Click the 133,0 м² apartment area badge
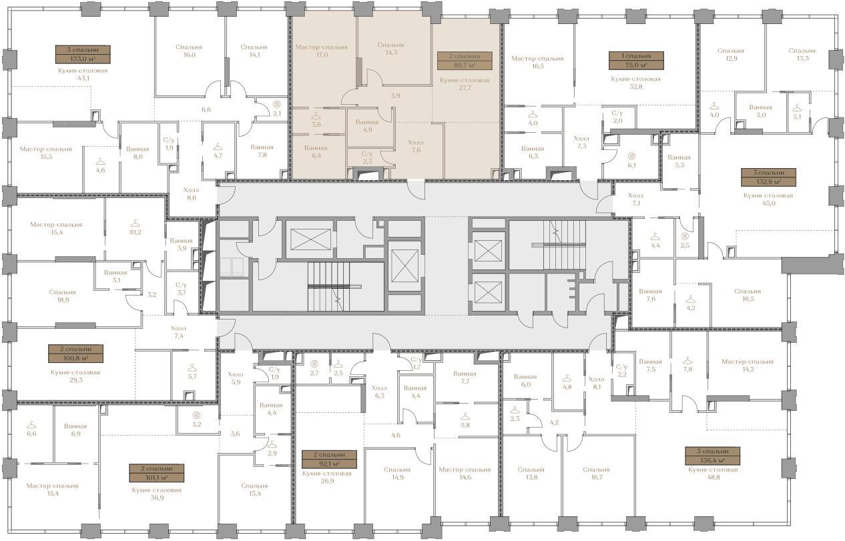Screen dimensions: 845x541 pyautogui.click(x=83, y=54)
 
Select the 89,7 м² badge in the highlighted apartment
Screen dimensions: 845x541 pyautogui.click(x=465, y=61)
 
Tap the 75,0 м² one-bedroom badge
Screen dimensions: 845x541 pyautogui.click(x=636, y=60)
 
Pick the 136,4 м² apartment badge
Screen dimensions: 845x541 pyautogui.click(x=713, y=456)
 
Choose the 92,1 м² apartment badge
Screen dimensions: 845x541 pyautogui.click(x=329, y=459)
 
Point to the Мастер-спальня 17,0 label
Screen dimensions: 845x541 pyautogui.click(x=322, y=51)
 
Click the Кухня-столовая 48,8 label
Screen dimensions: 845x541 pyautogui.click(x=713, y=473)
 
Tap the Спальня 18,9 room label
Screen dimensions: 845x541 pyautogui.click(x=62, y=296)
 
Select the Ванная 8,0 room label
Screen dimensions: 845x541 pyautogui.click(x=137, y=153)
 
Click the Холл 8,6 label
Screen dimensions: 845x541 pyautogui.click(x=192, y=193)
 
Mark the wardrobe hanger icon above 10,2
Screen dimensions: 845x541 pyautogui.click(x=135, y=223)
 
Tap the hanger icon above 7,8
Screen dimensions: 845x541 pyautogui.click(x=687, y=360)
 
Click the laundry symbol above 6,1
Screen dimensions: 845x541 pyautogui.click(x=632, y=155)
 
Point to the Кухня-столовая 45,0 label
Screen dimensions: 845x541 pyautogui.click(x=768, y=199)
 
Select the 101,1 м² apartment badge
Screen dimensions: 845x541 pyautogui.click(x=157, y=473)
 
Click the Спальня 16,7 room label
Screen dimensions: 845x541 pyautogui.click(x=596, y=473)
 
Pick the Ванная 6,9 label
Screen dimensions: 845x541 pyautogui.click(x=75, y=430)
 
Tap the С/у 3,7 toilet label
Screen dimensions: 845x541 pyautogui.click(x=182, y=289)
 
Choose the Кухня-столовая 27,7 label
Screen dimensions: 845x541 pyautogui.click(x=465, y=83)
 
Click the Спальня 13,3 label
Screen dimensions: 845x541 pyautogui.click(x=802, y=54)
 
